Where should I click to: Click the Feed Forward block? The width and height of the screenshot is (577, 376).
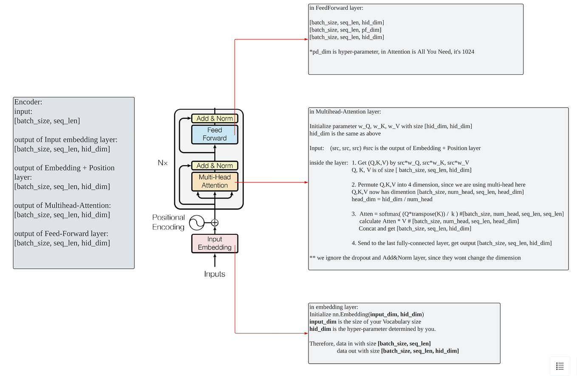(x=215, y=134)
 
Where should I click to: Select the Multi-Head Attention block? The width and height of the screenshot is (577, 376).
(x=215, y=181)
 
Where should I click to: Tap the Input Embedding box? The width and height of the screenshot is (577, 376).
(x=215, y=243)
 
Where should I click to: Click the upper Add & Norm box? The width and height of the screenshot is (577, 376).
(x=215, y=118)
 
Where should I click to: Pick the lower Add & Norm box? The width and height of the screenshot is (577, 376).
(x=215, y=165)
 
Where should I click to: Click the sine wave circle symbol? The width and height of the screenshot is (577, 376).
(x=196, y=222)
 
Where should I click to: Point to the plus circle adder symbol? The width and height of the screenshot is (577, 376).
(x=215, y=222)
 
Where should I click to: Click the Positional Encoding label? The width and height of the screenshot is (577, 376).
(x=169, y=222)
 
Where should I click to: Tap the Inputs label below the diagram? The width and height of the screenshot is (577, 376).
(x=215, y=274)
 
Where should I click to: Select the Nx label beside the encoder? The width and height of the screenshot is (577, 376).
(x=163, y=163)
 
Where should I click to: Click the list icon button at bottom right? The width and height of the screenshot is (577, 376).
(x=560, y=366)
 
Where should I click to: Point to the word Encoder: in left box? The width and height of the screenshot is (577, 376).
(x=28, y=102)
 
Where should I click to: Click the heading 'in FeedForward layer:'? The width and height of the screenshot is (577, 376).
(x=337, y=8)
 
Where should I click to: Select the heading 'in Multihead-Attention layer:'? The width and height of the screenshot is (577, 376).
(x=345, y=112)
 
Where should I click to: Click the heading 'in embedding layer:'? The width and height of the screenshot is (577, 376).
(x=334, y=307)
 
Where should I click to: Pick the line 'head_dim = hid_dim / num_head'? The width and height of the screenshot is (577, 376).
(x=392, y=199)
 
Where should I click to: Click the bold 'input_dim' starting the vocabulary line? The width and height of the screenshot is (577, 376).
(x=323, y=322)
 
